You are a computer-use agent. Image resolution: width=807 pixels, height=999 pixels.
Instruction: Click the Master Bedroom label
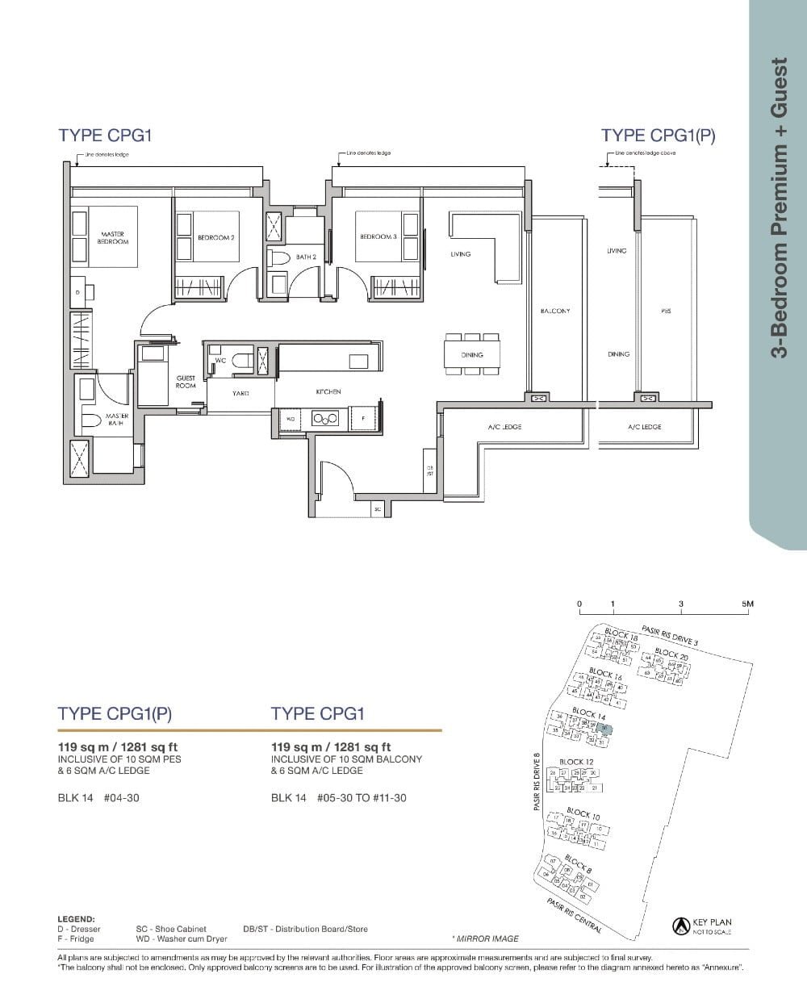pos(112,237)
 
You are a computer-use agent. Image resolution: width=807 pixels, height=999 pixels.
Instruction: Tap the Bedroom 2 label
pos(215,238)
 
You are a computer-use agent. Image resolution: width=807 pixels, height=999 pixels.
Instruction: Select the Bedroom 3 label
pos(378,236)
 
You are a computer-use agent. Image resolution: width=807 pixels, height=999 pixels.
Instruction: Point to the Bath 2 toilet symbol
pos(279,257)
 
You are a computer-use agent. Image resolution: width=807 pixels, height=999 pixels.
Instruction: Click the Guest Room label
pos(186,382)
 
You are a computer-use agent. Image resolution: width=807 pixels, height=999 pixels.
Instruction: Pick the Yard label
pos(240,393)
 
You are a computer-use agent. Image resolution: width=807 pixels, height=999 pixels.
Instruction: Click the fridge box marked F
pos(363,418)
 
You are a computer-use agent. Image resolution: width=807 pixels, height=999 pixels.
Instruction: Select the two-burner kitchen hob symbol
pos(324,418)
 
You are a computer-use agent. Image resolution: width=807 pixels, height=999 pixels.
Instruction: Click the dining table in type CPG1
pos(472,354)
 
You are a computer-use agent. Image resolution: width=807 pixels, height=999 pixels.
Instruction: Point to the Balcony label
pos(555,311)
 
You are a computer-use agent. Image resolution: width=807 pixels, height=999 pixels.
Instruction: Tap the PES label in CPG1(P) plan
pos(666,311)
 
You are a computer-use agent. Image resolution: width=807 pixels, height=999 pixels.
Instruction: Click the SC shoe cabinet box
pos(377,509)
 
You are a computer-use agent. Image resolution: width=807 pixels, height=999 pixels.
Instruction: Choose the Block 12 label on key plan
pos(576,762)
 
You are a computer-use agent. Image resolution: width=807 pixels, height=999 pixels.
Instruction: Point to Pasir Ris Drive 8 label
pos(537,782)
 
